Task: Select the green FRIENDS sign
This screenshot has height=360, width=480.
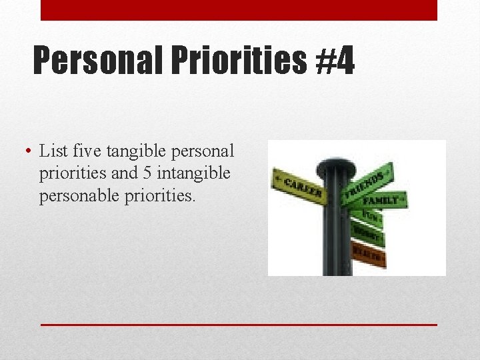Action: click(x=366, y=182)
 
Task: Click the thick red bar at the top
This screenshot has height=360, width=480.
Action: click(x=239, y=10)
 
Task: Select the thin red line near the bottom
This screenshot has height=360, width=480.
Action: click(x=239, y=324)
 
